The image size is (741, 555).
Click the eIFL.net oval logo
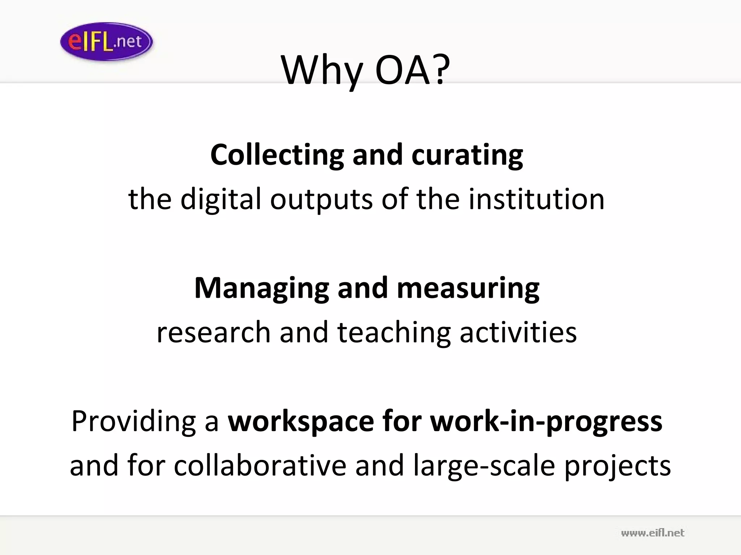106,42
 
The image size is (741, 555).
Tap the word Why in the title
322,70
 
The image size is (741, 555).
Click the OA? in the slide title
413,70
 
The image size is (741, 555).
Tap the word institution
536,199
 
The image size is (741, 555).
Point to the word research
213,332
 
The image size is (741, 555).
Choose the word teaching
394,332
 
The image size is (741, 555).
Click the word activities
518,332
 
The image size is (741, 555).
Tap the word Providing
134,422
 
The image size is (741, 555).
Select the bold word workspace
301,422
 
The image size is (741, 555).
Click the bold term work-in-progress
546,422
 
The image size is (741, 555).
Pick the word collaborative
260,465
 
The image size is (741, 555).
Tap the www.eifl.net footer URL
652,533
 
